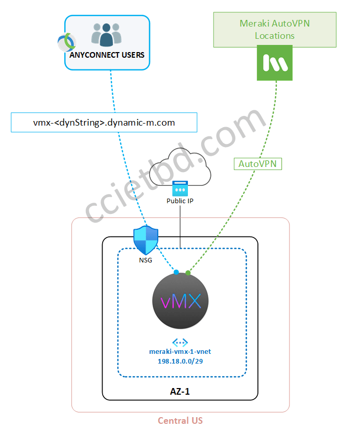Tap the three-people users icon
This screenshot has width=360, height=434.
(106, 35)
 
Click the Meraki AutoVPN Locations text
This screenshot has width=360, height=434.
(274, 30)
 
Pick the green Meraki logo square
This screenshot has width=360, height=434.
(275, 63)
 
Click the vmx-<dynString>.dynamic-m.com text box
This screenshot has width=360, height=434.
(104, 123)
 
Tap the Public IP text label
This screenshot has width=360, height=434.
(180, 201)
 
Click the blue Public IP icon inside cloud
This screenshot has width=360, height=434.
(180, 188)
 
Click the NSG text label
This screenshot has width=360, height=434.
(146, 260)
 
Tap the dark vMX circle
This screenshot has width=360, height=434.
(181, 301)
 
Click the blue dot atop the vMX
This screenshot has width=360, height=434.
(176, 273)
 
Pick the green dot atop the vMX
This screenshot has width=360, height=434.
(188, 273)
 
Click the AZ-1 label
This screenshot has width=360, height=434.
(180, 392)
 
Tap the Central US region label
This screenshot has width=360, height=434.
(180, 421)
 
